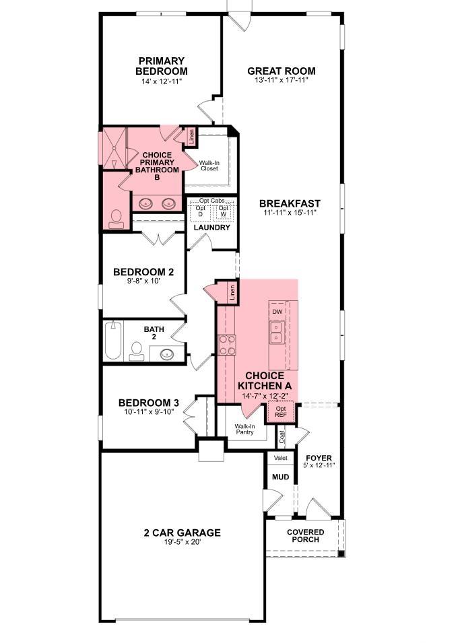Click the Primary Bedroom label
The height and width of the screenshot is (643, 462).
pos(162,66)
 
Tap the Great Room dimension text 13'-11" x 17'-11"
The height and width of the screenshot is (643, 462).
pos(282,80)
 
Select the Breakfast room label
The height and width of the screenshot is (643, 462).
pos(290,203)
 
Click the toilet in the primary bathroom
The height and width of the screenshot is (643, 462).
pos(117,219)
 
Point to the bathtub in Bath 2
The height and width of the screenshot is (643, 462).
pos(113,341)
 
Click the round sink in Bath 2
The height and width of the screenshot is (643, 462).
pos(167,354)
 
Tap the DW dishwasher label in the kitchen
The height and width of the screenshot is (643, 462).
pos(277,312)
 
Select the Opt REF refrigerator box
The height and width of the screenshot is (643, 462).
pos(281,411)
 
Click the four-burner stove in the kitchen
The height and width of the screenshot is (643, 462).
pos(228,345)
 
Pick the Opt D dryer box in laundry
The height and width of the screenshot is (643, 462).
pos(201,211)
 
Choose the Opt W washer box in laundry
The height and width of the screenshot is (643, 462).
pos(224,211)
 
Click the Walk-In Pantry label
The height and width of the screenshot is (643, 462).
pos(244,429)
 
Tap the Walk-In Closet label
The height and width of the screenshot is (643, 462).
pos(209,166)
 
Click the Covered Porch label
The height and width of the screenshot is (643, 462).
pos(306,535)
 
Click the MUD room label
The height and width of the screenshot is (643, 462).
pos(281,477)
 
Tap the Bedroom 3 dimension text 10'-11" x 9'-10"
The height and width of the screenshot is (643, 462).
pos(149,411)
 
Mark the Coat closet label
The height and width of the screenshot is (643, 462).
pos(282,437)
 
